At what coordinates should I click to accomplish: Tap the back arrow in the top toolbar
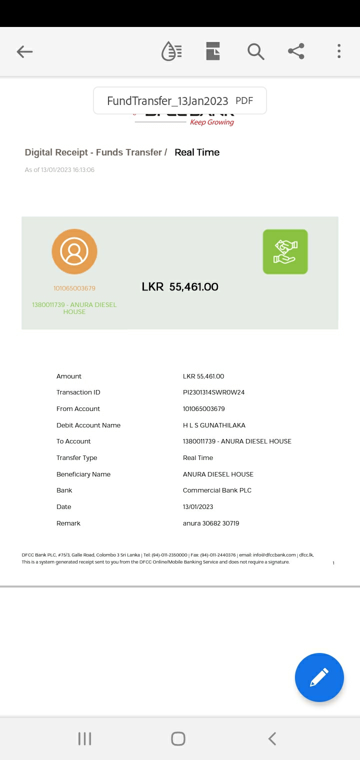pos(24,51)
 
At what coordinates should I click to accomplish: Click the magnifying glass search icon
pos(255,51)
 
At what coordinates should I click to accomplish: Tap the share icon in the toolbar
pos(296,51)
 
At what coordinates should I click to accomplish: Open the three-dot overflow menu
pos(339,51)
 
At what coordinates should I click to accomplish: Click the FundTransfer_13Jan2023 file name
pos(167,101)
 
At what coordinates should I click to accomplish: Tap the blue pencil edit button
pos(319,677)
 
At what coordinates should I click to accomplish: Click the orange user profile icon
pos(74,251)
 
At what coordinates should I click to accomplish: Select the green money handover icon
pos(285,251)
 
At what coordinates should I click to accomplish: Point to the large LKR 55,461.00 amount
pos(180,287)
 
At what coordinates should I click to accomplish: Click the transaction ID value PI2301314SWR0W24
pos(213,392)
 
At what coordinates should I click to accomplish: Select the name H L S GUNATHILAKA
pos(214,425)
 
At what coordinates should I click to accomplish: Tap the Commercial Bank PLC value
pos(217,490)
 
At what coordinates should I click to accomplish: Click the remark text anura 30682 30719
pos(211,523)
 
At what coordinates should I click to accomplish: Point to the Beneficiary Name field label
pos(83,474)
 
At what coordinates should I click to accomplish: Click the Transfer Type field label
pos(77,458)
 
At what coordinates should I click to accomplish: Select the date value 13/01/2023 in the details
pos(198,507)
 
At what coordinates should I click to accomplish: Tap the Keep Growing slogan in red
pos(212,122)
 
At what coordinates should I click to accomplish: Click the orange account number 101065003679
pos(74,288)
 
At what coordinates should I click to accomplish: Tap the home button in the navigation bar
pos(178,738)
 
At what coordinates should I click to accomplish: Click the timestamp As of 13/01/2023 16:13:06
pos(59,170)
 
